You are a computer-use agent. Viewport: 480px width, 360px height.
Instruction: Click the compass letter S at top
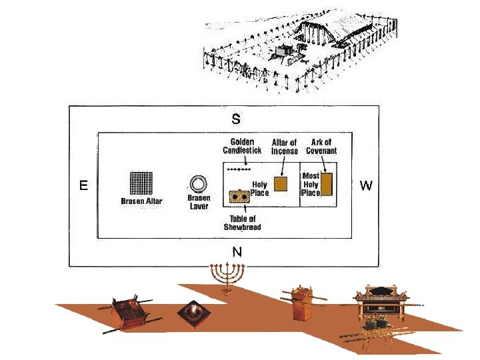point(236,120)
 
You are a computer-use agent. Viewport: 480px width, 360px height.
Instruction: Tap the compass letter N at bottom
point(237,252)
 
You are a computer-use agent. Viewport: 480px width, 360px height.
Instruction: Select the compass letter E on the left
point(83,186)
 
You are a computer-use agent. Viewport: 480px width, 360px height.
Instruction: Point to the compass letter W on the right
point(366,185)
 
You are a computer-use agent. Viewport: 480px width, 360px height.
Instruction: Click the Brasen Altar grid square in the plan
point(141,183)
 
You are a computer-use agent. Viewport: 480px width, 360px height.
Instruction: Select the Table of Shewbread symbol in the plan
point(239,196)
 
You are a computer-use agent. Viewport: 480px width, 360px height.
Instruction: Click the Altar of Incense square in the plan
point(281,184)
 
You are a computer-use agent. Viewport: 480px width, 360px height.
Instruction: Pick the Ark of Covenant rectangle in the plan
point(327,183)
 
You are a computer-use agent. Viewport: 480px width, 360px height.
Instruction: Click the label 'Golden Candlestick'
point(241,147)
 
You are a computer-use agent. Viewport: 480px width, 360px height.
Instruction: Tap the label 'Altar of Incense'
point(285,147)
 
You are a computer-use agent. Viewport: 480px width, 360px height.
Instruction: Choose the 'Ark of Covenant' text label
point(321,147)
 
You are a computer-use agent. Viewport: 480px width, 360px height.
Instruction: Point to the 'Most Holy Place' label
point(311,184)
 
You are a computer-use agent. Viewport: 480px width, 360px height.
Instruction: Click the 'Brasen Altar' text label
point(141,201)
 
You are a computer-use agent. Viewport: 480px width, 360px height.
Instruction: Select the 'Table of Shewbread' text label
point(242,223)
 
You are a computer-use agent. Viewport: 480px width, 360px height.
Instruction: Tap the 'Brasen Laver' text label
point(199,203)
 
